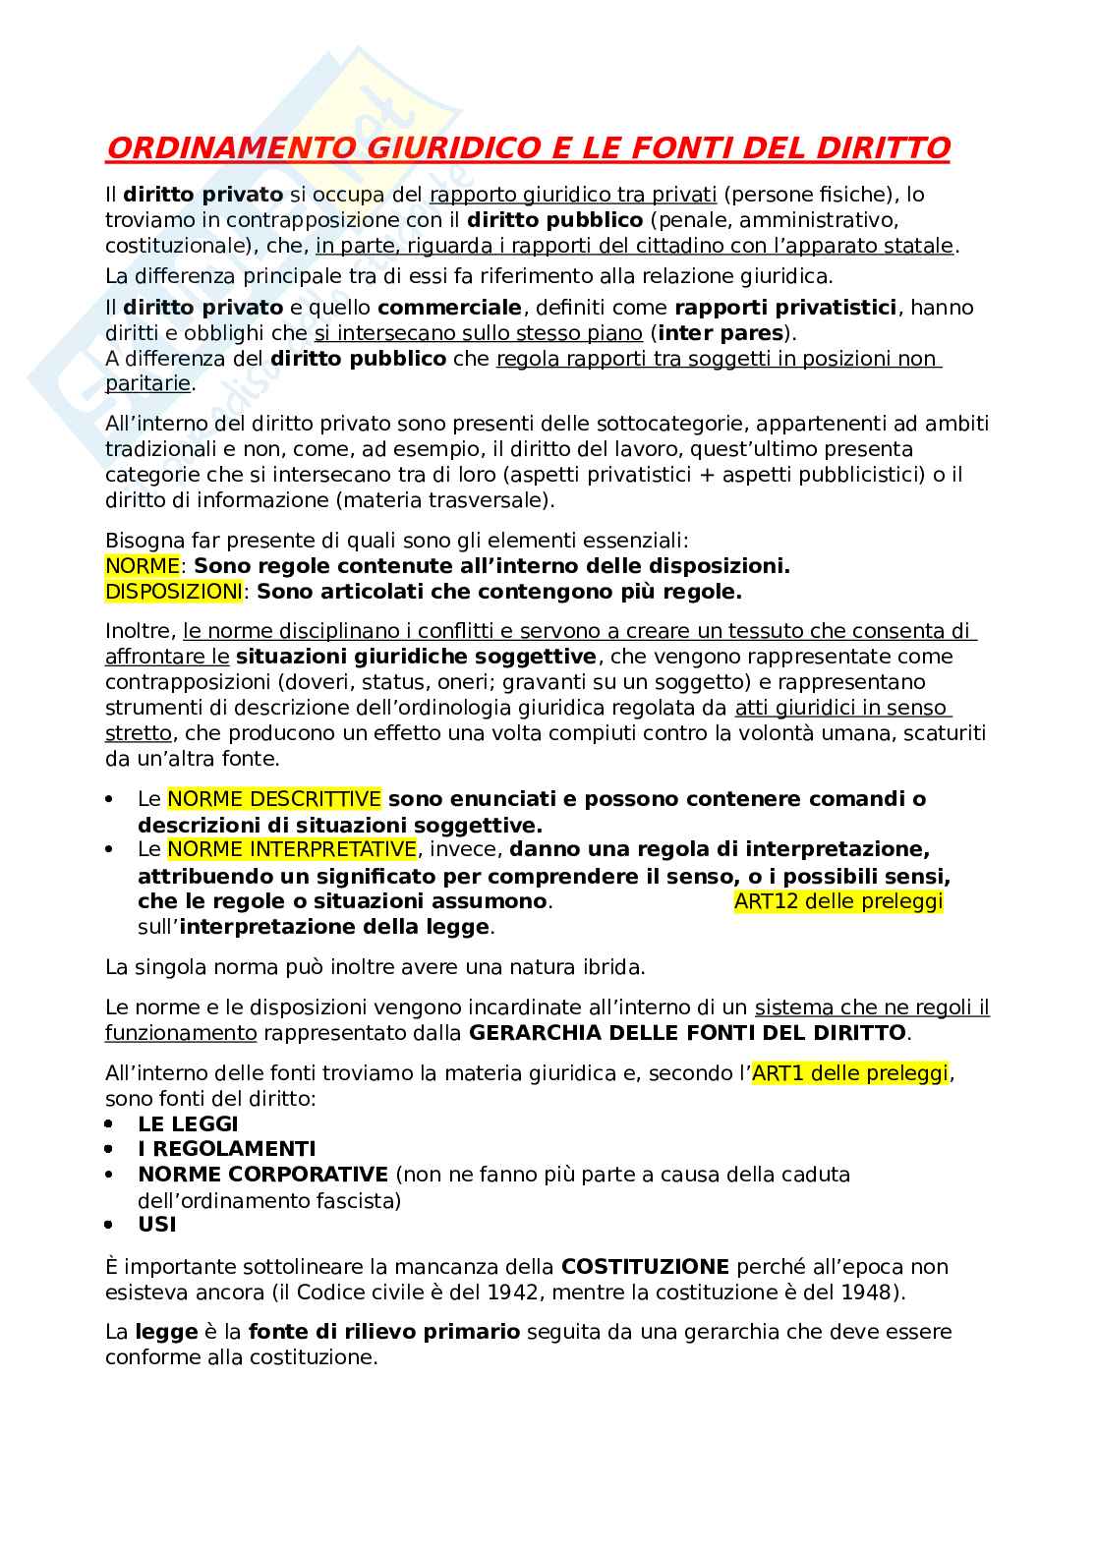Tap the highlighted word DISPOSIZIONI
click(173, 592)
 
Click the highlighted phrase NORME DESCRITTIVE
click(274, 799)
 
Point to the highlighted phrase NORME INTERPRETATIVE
click(292, 849)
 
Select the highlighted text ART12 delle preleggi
click(838, 901)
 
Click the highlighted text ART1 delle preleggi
click(850, 1073)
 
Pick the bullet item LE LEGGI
click(188, 1123)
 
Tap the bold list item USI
click(157, 1225)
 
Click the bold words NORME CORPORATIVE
click(262, 1175)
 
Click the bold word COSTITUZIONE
click(645, 1267)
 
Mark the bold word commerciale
click(449, 308)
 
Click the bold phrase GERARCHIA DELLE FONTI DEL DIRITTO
click(687, 1033)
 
